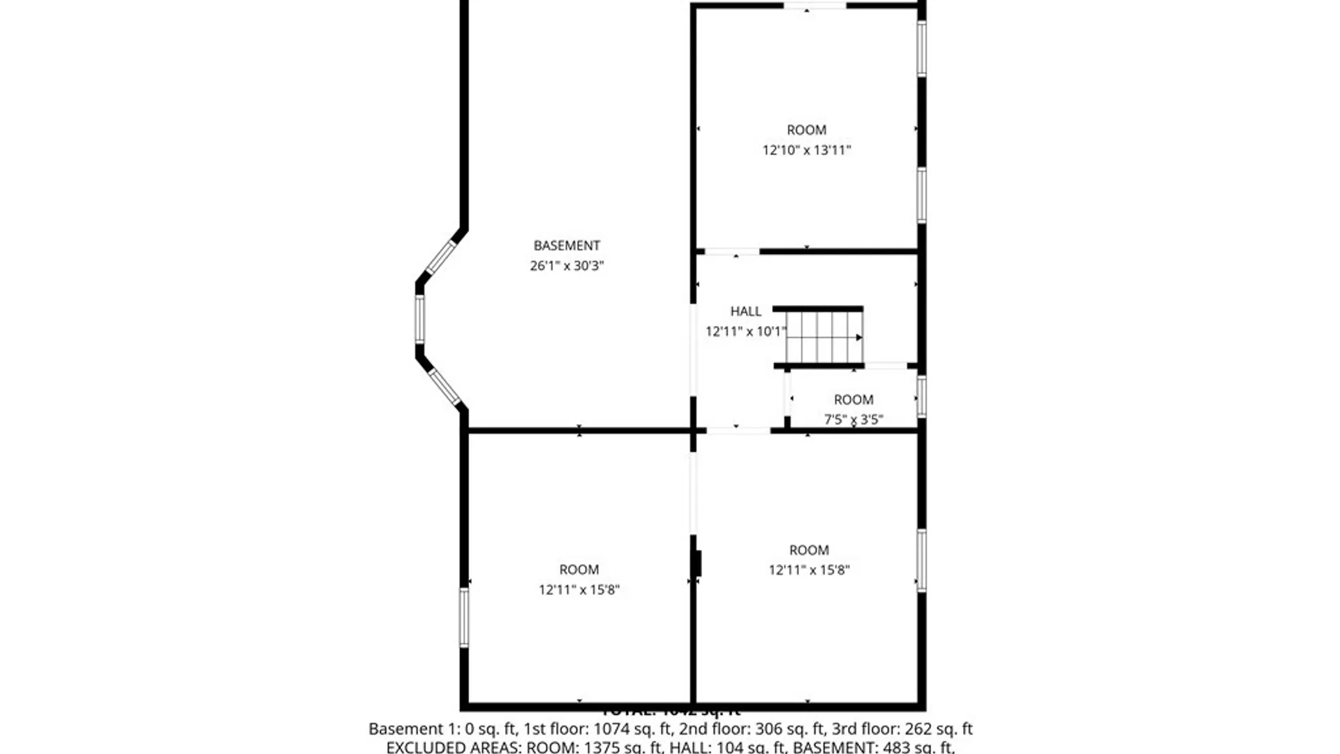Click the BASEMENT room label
pyautogui.click(x=566, y=246)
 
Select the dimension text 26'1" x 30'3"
pyautogui.click(x=566, y=265)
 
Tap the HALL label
pyautogui.click(x=745, y=311)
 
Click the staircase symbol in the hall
pyautogui.click(x=824, y=337)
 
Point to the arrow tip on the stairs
pyautogui.click(x=860, y=337)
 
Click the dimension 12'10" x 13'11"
pyautogui.click(x=806, y=150)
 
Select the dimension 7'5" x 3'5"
pyautogui.click(x=853, y=419)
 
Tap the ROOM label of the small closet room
pyautogui.click(x=853, y=399)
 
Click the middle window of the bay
pyautogui.click(x=419, y=319)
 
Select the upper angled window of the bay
pyautogui.click(x=440, y=257)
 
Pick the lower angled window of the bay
pyautogui.click(x=444, y=386)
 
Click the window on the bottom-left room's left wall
pyautogui.click(x=463, y=617)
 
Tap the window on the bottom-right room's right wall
pyautogui.click(x=921, y=561)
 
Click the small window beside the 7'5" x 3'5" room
pyautogui.click(x=921, y=396)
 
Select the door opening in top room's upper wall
pyautogui.click(x=814, y=6)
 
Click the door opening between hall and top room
pyautogui.click(x=731, y=251)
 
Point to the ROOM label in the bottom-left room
pyautogui.click(x=579, y=570)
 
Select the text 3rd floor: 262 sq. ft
pyautogui.click(x=902, y=729)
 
